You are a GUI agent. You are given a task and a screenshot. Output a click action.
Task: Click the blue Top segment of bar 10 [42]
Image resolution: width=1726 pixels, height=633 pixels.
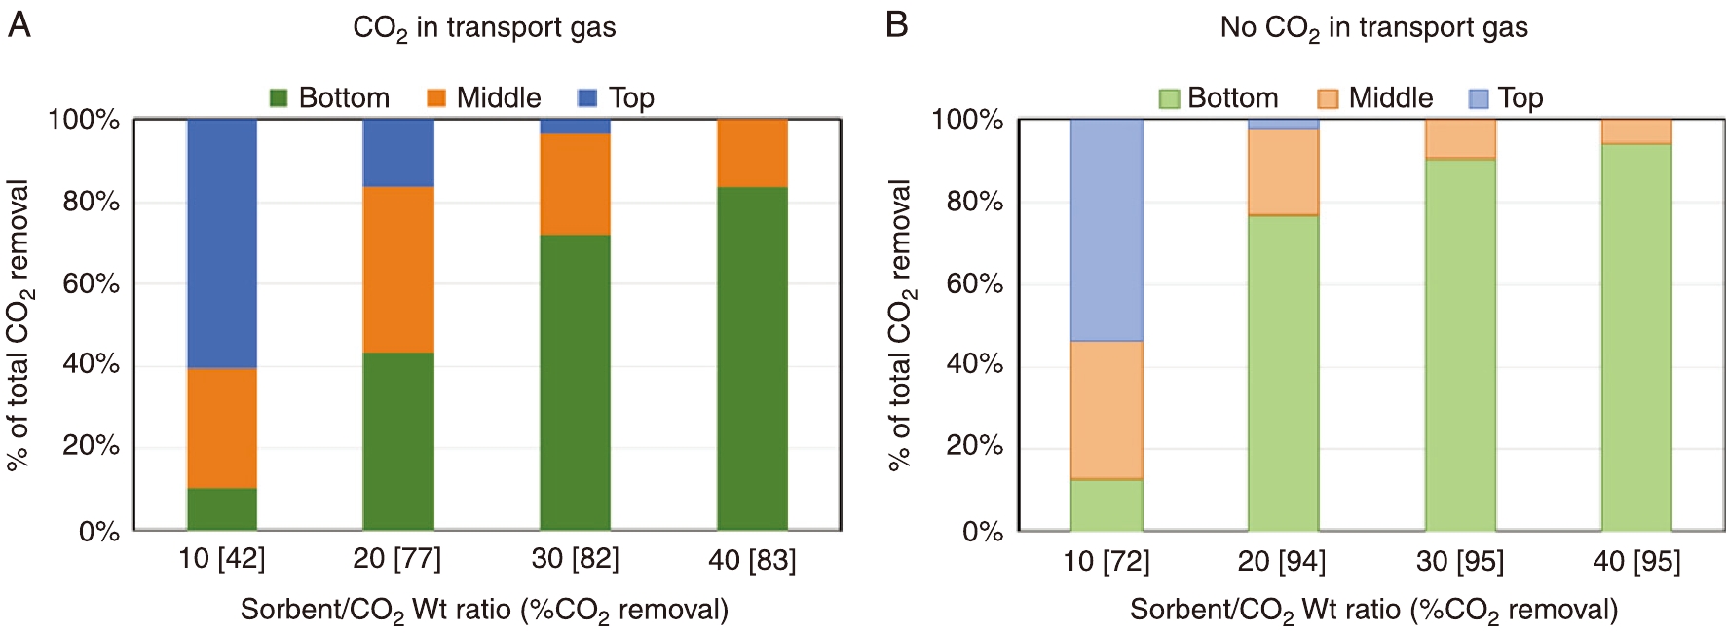pyautogui.click(x=222, y=243)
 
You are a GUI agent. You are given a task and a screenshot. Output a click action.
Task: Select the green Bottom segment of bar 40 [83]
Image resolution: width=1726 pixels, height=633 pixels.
pyautogui.click(x=752, y=357)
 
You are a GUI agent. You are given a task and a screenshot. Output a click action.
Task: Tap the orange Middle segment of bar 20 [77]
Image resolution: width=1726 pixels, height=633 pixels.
pyautogui.click(x=398, y=269)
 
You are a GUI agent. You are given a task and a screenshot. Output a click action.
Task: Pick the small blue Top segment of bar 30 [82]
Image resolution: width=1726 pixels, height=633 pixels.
pyautogui.click(x=575, y=127)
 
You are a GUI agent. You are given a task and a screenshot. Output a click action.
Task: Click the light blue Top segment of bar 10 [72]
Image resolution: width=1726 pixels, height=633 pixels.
pyautogui.click(x=1107, y=230)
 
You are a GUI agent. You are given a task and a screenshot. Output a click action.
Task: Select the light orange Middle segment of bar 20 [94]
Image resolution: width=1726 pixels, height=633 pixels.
pyautogui.click(x=1283, y=171)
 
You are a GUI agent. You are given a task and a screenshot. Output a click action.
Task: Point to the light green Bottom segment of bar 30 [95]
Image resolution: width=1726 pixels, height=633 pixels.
pyautogui.click(x=1460, y=344)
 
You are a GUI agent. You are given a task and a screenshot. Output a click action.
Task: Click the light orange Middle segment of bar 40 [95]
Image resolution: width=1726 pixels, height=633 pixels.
pyautogui.click(x=1636, y=131)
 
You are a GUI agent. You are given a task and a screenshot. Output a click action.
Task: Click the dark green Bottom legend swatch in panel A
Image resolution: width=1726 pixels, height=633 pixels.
pyautogui.click(x=279, y=98)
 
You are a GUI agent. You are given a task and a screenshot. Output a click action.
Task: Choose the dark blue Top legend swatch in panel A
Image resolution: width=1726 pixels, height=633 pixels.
pyautogui.click(x=587, y=98)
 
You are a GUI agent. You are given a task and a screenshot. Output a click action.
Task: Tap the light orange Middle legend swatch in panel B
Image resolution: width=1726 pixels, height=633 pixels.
pyautogui.click(x=1327, y=98)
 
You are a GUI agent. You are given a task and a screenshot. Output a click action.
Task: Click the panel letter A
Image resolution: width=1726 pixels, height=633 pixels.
pyautogui.click(x=19, y=25)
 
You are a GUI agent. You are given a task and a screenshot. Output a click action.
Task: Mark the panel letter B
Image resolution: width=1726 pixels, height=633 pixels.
pyautogui.click(x=896, y=25)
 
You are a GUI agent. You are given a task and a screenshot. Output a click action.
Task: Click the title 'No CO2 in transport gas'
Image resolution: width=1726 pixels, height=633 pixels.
pyautogui.click(x=1373, y=28)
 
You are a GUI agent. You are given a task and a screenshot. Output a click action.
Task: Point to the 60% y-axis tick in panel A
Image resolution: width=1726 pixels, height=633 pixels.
pyautogui.click(x=91, y=283)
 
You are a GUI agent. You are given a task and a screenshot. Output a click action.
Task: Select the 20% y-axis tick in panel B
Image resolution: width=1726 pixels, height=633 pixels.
pyautogui.click(x=974, y=446)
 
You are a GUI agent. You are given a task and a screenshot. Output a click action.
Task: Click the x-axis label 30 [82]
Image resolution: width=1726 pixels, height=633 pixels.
pyautogui.click(x=575, y=559)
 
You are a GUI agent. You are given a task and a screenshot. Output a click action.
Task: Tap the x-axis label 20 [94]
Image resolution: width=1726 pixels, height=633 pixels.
pyautogui.click(x=1281, y=561)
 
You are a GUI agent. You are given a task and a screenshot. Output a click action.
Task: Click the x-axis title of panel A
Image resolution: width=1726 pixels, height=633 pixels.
pyautogui.click(x=484, y=611)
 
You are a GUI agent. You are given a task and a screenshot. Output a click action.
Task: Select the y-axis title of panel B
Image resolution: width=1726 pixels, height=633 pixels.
pyautogui.click(x=901, y=325)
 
